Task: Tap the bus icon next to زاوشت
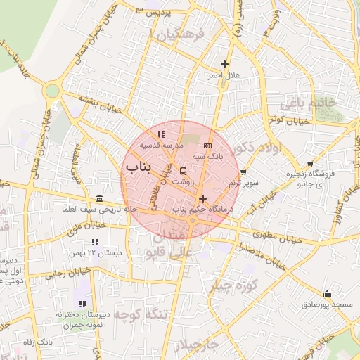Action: click(x=184, y=171)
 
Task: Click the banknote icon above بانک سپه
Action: click(x=207, y=146)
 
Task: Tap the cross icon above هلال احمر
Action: click(x=224, y=65)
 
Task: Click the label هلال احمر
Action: click(x=224, y=75)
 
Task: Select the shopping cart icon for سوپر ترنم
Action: click(x=243, y=172)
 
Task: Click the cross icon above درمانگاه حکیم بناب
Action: click(x=203, y=199)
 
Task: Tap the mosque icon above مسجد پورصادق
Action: click(x=326, y=294)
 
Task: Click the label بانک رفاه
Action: click(x=39, y=342)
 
